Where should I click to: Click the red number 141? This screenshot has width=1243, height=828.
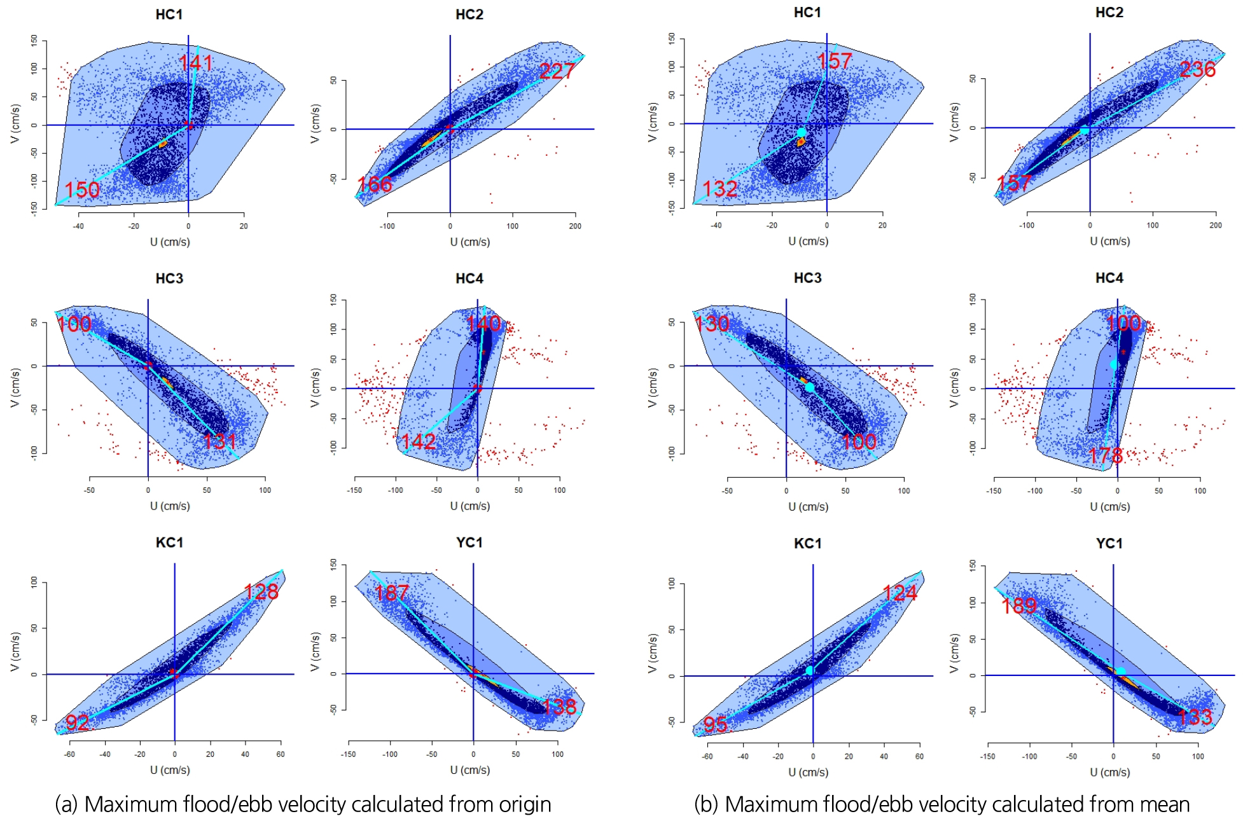point(196,63)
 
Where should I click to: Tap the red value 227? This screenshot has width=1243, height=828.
point(557,71)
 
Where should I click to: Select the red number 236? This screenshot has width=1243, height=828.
point(1197,69)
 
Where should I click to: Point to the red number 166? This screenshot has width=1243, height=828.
point(375,184)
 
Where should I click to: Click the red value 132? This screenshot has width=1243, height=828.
point(719,189)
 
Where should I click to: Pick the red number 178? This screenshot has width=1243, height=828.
point(1106,455)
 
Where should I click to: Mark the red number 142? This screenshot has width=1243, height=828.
point(419,441)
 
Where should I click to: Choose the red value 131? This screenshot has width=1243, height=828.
point(219,441)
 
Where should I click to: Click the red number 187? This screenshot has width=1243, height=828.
point(392,593)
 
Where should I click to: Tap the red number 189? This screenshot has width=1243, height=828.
point(1019,606)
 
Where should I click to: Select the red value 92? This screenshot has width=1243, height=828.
point(78,722)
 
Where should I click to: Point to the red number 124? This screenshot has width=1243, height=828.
point(899,593)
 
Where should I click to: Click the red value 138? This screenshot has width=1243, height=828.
point(560,707)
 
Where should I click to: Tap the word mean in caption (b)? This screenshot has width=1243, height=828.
point(1165,804)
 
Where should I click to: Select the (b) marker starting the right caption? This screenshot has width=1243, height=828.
point(706,804)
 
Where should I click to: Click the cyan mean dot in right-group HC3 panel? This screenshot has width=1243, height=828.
point(809,387)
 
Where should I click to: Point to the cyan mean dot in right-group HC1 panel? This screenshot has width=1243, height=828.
point(802,132)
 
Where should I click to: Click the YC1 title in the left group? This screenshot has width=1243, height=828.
point(469,542)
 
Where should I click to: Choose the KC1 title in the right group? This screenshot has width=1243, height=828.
point(807,544)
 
